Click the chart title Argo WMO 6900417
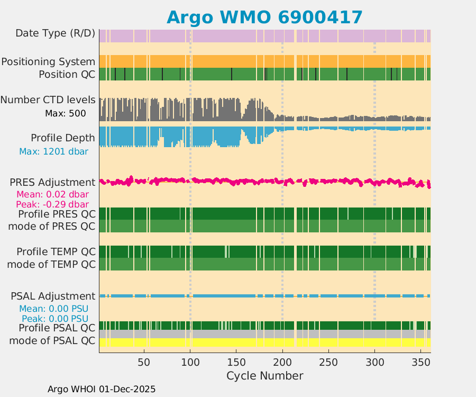tap(264, 17)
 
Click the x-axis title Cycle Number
tap(264, 376)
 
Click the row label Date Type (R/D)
tap(55, 33)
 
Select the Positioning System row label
tap(48, 61)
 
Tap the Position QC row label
tap(67, 74)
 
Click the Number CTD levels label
tap(48, 100)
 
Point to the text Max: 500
tap(65, 113)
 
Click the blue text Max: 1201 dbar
tap(53, 151)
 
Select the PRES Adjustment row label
tap(52, 182)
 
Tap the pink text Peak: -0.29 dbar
tap(52, 204)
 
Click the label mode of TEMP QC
tap(51, 264)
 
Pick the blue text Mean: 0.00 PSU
tap(53, 309)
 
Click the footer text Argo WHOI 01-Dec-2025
tap(102, 389)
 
